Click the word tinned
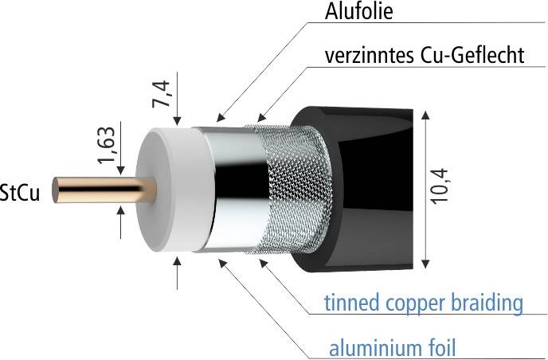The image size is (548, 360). click(350, 303)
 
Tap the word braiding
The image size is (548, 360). click(488, 303)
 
